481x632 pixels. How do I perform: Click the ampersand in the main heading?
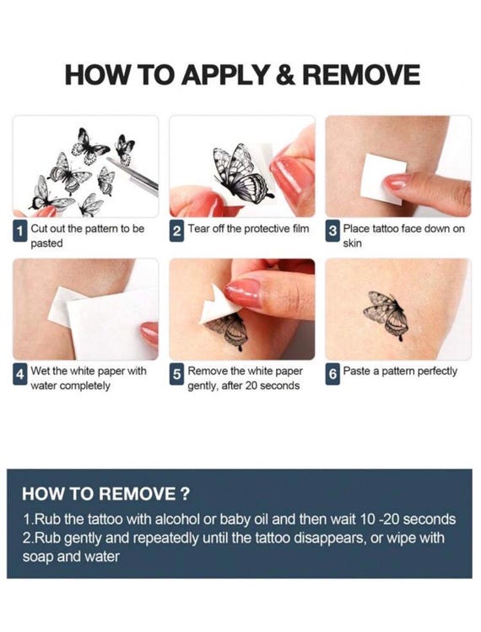pos(285,75)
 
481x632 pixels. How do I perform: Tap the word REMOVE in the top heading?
pos(361,75)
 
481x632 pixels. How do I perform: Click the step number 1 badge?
pos(19,231)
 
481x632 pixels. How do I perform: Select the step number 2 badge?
pos(176,231)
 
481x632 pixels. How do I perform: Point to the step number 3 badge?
pos(332,231)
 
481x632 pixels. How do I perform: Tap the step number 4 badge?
pos(19,374)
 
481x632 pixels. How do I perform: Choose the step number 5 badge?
pos(176,374)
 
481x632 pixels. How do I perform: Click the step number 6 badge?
pos(332,374)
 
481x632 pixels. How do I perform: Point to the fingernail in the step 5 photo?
pos(243,292)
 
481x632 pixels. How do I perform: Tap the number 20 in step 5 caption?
pos(251,386)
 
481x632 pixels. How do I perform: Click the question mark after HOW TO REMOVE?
pos(184,493)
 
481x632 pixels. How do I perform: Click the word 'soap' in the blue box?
pos(38,558)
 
